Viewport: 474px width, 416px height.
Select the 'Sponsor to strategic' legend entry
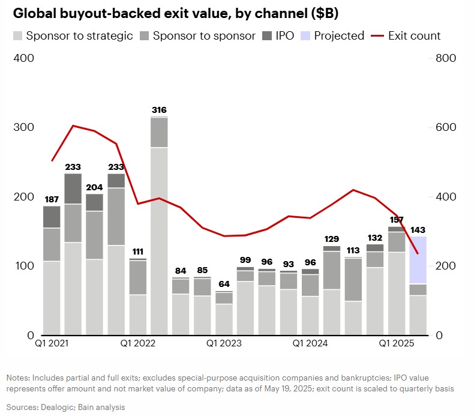pos(73,35)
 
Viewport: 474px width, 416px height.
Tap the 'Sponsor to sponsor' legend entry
pos(198,35)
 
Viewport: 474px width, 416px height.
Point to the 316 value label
pos(159,110)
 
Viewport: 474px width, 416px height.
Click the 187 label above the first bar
pos(52,199)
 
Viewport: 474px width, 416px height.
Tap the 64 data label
pos(224,285)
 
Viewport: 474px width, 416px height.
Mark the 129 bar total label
pos(331,239)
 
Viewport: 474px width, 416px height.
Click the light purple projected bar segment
pos(418,259)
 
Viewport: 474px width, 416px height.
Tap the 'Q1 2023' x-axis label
pos(224,343)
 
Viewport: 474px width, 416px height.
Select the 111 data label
pos(137,252)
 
